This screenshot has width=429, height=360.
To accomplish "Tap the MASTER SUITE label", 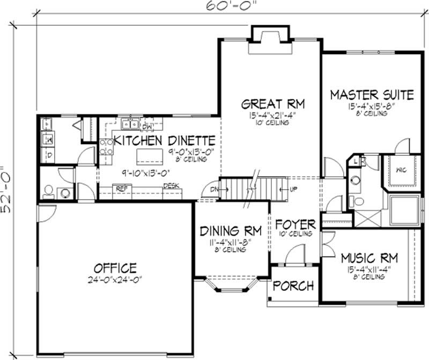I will pos(372,95).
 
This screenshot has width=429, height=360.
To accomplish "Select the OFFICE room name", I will pos(115,267).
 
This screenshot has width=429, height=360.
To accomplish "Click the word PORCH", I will pos(293,286).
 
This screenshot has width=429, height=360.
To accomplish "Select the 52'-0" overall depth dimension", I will pos(8,182).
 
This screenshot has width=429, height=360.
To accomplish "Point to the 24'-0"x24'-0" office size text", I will pos(115,279).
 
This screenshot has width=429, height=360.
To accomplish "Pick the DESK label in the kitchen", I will pos(171,186).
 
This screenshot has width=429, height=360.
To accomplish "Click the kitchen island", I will pos(149,157).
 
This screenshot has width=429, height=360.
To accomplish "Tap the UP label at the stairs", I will pos(293,190).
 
